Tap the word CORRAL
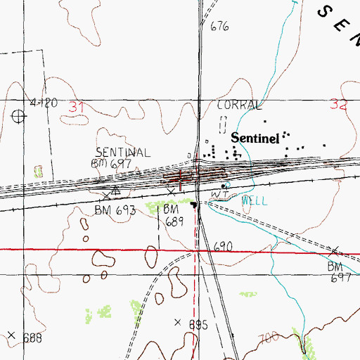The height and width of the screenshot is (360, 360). click(x=240, y=105)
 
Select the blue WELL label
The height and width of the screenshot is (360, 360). click(x=254, y=200)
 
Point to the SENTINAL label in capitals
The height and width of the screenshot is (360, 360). click(x=123, y=153)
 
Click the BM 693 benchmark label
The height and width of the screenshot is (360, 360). click(x=113, y=210)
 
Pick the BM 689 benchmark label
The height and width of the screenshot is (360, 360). click(x=174, y=215)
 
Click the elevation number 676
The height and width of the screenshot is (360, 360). click(x=220, y=27)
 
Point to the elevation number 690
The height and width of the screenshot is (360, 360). click(x=224, y=246)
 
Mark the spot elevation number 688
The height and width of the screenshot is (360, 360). click(x=32, y=338)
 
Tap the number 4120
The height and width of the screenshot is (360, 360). click(x=43, y=103)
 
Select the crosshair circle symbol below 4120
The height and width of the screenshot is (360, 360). click(x=17, y=116)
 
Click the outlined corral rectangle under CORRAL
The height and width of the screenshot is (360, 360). click(x=224, y=124)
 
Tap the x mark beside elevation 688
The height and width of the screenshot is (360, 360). click(x=11, y=335)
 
